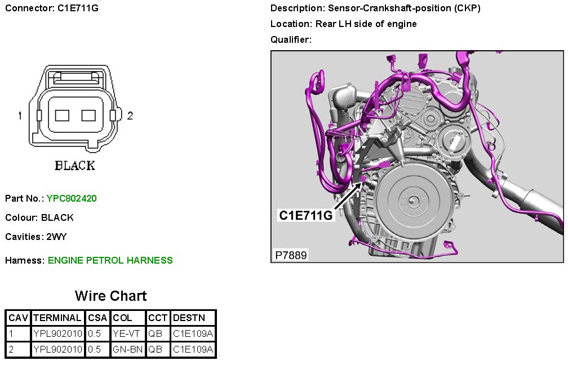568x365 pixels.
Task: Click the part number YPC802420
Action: (72, 198)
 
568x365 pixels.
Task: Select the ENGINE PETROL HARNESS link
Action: (110, 260)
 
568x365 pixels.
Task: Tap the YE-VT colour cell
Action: (126, 333)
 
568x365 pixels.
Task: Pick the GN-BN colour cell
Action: (127, 349)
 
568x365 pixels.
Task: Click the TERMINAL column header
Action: (57, 318)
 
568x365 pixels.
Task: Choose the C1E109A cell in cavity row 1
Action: (193, 333)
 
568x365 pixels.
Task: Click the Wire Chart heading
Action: (111, 296)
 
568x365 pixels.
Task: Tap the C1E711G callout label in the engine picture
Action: (305, 215)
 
